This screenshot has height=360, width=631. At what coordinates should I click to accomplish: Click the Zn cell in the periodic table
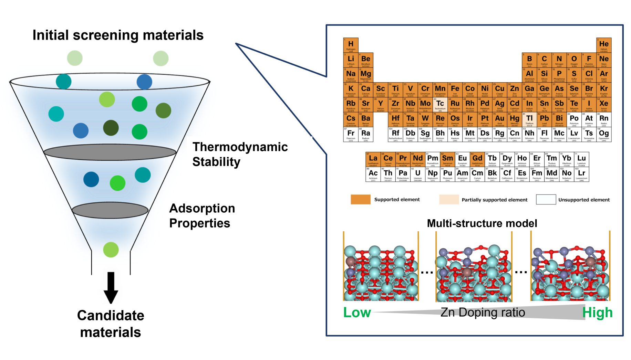[x=514, y=90]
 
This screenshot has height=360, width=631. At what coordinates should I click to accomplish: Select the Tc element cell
[x=440, y=105]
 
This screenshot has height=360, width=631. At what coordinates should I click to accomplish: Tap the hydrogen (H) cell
[x=351, y=45]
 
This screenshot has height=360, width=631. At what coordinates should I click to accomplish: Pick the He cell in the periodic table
[x=604, y=45]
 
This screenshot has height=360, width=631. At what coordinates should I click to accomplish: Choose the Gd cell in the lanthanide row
[x=477, y=159]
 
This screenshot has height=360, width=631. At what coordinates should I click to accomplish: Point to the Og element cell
[x=604, y=134]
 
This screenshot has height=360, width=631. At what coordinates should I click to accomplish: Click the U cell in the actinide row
[x=417, y=174]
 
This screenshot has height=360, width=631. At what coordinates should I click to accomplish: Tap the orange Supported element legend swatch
[x=360, y=200]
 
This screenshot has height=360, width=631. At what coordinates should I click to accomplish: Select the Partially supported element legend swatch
[x=449, y=200]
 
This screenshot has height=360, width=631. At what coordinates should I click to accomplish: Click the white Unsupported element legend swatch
[x=546, y=200]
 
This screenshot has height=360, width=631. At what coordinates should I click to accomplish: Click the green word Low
[x=357, y=313]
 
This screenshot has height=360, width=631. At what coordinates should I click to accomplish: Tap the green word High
[x=597, y=313]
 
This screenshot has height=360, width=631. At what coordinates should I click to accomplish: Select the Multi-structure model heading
[x=482, y=223]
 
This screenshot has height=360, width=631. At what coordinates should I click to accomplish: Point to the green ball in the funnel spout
[x=111, y=250]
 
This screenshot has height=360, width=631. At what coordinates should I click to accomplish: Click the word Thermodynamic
[x=240, y=147]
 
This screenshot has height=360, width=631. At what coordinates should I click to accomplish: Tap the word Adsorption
[x=202, y=208]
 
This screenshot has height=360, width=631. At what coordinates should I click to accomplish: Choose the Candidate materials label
[x=111, y=324]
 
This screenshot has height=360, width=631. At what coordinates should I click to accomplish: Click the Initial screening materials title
[x=118, y=35]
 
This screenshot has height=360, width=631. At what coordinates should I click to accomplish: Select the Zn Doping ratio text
[x=483, y=312]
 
